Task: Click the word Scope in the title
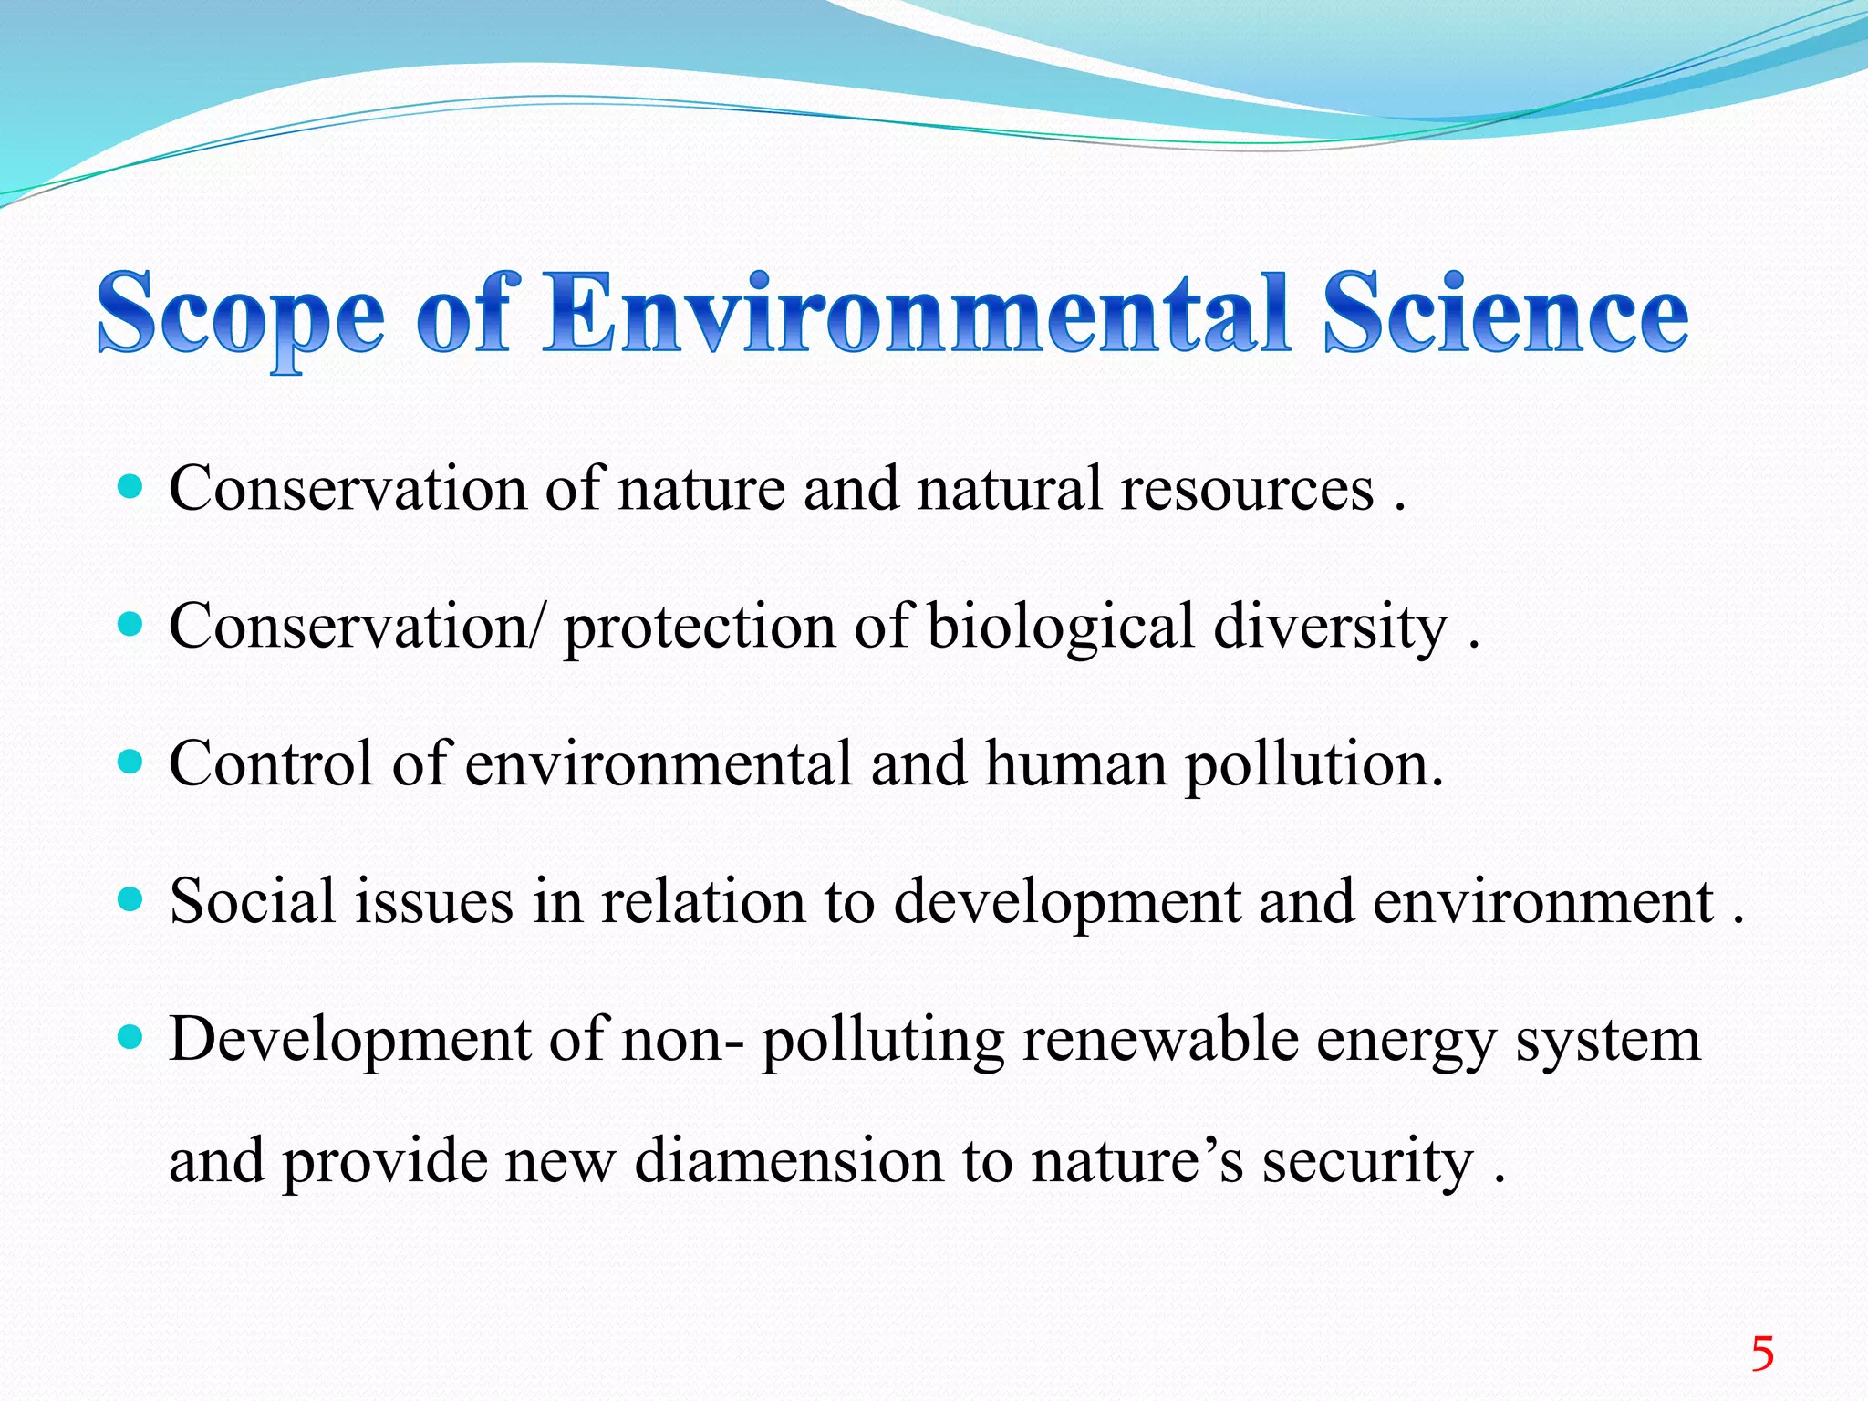(x=241, y=315)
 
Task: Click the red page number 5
(x=1762, y=1354)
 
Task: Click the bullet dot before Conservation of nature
(x=131, y=486)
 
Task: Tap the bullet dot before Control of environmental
(x=131, y=762)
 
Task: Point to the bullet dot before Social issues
(x=131, y=899)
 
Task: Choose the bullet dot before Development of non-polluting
(x=131, y=1037)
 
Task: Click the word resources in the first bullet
(x=1247, y=490)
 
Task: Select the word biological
(x=1061, y=628)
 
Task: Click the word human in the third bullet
(x=1075, y=764)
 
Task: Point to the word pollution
(x=1313, y=766)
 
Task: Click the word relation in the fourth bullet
(x=704, y=901)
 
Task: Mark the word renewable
(x=1160, y=1040)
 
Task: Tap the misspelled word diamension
(x=789, y=1162)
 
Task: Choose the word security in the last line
(x=1367, y=1164)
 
